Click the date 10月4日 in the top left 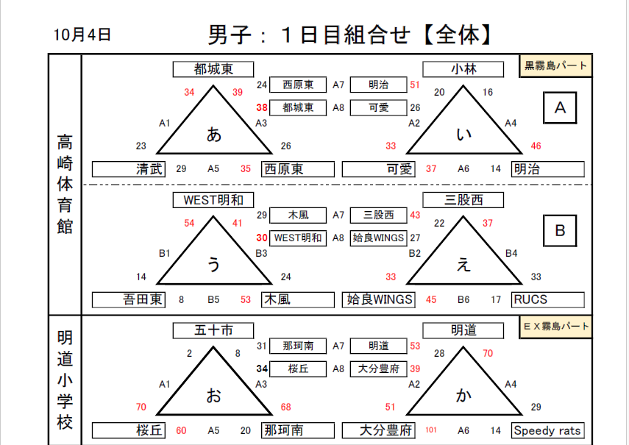(82, 35)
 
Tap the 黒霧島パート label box (555, 65)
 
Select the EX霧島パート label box (555, 327)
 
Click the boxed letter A (560, 108)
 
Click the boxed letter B (560, 230)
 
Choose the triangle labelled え (463, 251)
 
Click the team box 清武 (129, 169)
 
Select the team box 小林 (463, 69)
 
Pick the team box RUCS (548, 300)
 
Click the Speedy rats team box (548, 430)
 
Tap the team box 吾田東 (129, 300)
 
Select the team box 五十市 (213, 331)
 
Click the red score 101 (431, 430)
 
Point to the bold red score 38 (262, 108)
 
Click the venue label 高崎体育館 (65, 185)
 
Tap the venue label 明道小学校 (65, 380)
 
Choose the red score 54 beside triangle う (189, 224)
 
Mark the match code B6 (463, 300)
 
